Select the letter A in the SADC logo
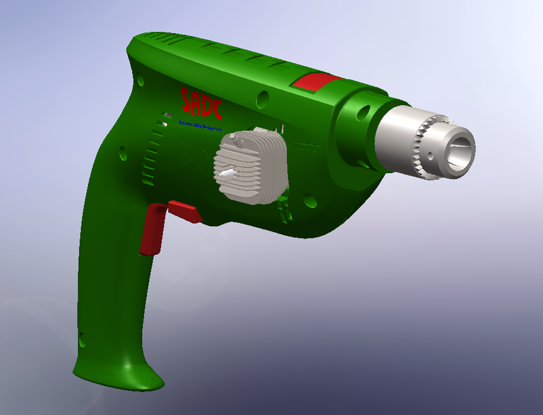point(197,103)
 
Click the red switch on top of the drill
point(315,82)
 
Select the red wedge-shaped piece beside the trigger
point(184,211)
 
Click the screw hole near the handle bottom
point(82,338)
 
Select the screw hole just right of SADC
point(262,99)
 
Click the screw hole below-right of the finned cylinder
point(309,201)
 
